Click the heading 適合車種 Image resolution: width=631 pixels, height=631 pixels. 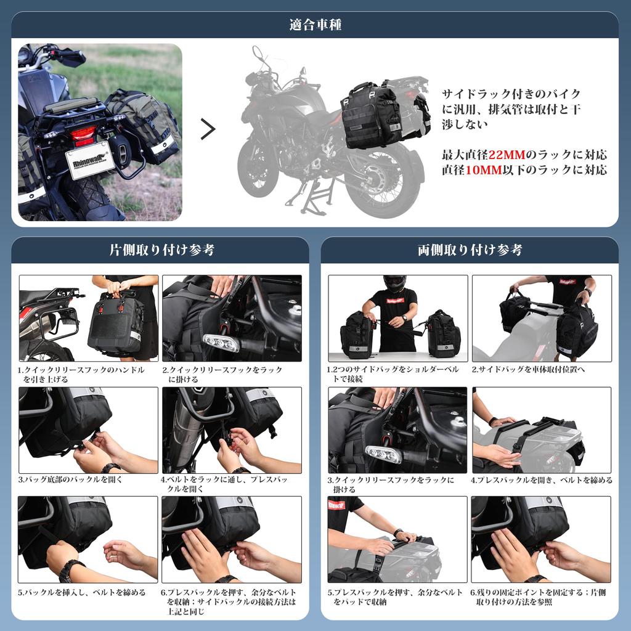point(315,25)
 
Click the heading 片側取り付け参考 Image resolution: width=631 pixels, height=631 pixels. point(161,250)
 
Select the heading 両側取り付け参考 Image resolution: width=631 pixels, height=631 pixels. point(470,250)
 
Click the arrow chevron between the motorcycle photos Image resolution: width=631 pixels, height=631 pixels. point(208,129)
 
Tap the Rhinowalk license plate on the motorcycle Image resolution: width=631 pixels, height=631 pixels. point(89,158)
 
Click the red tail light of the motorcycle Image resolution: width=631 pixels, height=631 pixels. point(83,134)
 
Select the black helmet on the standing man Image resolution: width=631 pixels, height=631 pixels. point(394,283)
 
